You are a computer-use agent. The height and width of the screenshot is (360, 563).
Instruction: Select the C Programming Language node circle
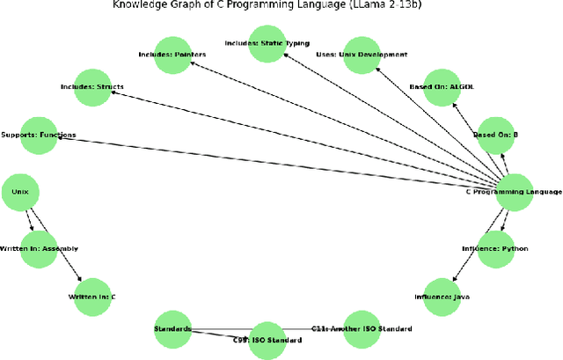click(x=515, y=193)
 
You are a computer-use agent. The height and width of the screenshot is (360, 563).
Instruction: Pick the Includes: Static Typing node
click(x=267, y=43)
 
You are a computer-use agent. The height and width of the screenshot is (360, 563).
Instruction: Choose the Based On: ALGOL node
click(x=442, y=87)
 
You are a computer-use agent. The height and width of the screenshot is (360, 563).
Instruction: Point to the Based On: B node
click(x=496, y=136)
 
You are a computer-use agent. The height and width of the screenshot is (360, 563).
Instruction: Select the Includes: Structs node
click(x=91, y=87)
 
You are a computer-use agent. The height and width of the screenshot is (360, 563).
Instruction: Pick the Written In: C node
click(x=91, y=297)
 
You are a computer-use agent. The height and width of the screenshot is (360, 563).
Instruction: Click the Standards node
click(x=172, y=329)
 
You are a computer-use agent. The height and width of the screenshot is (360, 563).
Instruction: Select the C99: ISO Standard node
click(x=267, y=340)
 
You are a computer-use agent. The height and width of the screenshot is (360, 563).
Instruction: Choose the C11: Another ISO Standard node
click(x=361, y=329)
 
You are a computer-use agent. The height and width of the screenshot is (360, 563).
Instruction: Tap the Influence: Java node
click(x=442, y=297)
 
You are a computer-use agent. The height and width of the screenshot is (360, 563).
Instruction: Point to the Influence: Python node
click(x=496, y=248)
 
